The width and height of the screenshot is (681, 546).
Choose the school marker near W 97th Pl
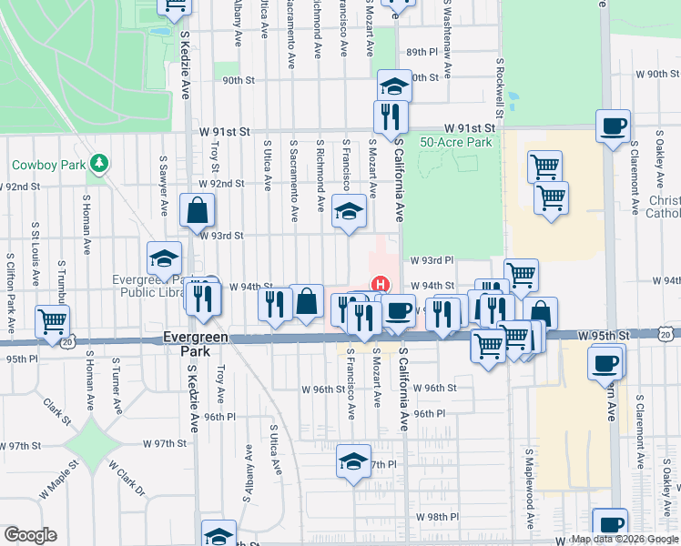[354, 460]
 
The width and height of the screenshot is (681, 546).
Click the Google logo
[30, 535]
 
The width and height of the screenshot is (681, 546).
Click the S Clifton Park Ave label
[10, 298]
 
